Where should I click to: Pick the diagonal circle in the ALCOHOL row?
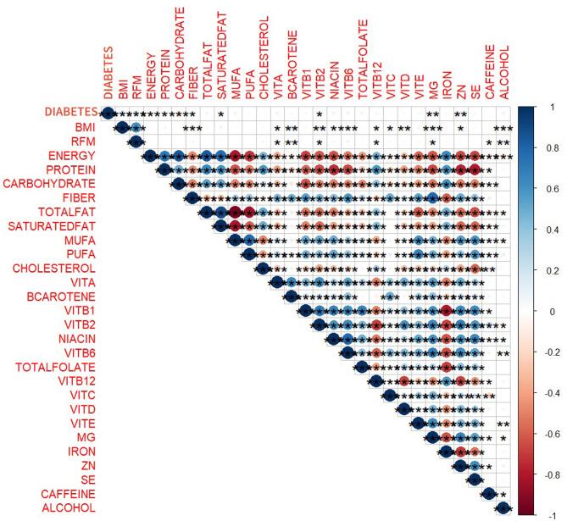(x=503, y=507)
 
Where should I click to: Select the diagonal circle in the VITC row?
(x=390, y=395)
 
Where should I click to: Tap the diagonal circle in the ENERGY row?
(x=150, y=156)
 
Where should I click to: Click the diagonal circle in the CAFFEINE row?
(x=489, y=494)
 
